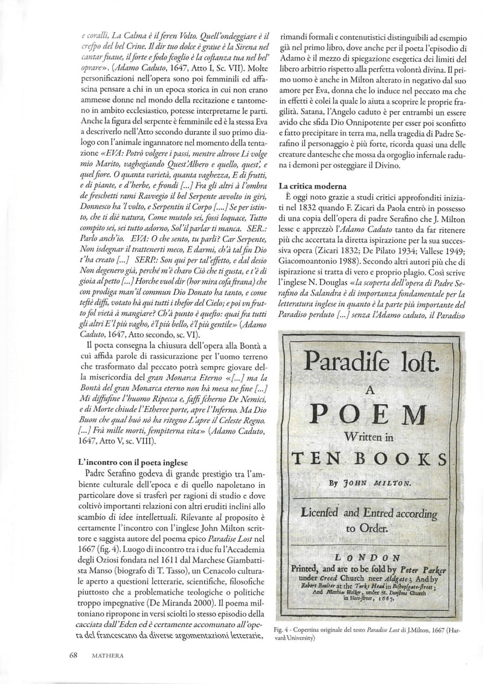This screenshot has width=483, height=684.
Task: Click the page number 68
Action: [x=73, y=653]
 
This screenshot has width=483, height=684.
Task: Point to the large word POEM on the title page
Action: [x=371, y=416]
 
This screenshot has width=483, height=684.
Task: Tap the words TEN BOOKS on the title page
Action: [x=370, y=457]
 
